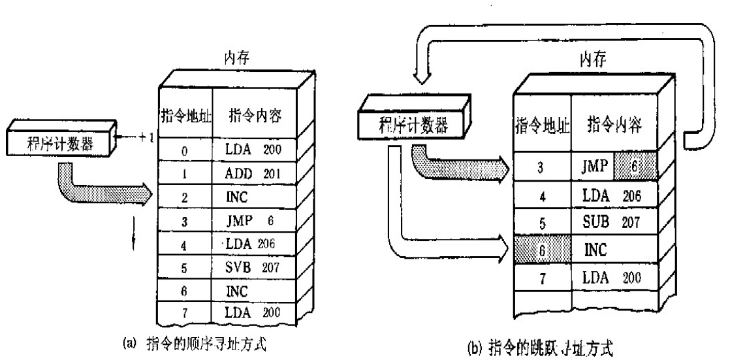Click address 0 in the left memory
point(185,151)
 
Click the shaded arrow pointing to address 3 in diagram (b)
point(457,167)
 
